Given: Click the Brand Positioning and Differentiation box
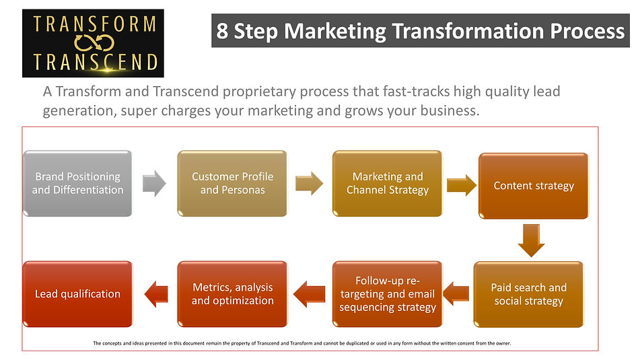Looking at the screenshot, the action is point(77,183).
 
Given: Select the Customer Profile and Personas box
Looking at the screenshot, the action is point(232,183).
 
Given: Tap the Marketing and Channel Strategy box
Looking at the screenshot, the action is point(388,183).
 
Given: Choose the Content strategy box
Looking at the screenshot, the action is point(534,186).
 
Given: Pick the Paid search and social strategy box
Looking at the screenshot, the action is point(528,294).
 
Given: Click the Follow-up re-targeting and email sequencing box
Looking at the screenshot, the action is point(388,294).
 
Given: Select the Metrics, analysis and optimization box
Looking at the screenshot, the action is point(232,294).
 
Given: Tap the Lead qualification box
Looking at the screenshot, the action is point(77,294).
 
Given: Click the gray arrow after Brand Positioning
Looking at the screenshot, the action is point(154,183).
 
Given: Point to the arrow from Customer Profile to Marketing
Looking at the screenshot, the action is point(309,183).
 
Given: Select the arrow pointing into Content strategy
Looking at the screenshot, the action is point(462,185).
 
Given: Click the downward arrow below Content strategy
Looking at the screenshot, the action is point(531,240).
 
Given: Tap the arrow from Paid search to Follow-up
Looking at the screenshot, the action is point(456,294).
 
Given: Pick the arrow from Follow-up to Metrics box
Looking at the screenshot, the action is point(309,294).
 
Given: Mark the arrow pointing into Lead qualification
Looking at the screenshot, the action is point(156,294).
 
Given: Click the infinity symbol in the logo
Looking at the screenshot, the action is point(94,43).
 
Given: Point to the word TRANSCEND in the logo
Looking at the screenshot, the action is point(95,62).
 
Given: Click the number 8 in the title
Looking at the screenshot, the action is point(222,31).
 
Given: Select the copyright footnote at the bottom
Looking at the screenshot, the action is point(302,343).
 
